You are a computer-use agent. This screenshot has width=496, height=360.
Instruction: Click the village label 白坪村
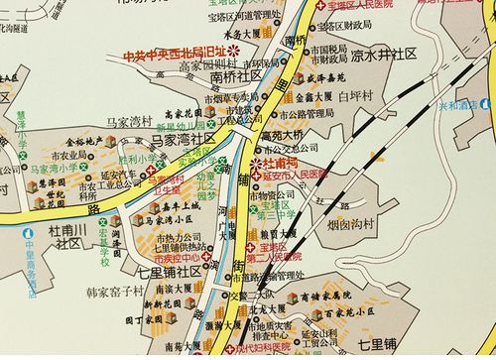(x=355, y=95)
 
